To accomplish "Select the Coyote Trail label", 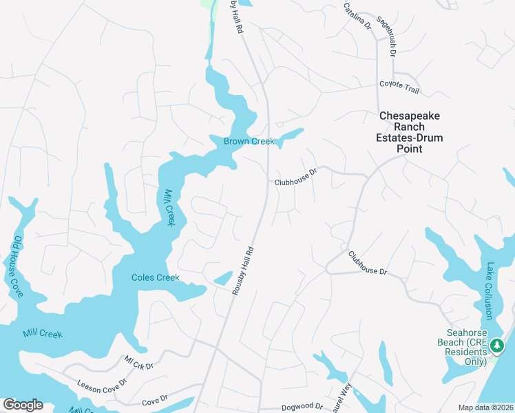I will click(399, 86).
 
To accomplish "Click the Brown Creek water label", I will click(249, 142).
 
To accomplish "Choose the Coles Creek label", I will click(156, 278).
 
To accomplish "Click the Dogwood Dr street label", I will click(301, 406).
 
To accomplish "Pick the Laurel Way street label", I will click(343, 397).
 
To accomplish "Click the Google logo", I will click(23, 405).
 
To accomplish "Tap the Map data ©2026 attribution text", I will click(485, 407).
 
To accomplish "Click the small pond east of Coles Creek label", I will click(222, 278).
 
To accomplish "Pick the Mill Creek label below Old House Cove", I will click(42, 334).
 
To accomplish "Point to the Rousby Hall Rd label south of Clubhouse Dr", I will click(243, 271).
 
